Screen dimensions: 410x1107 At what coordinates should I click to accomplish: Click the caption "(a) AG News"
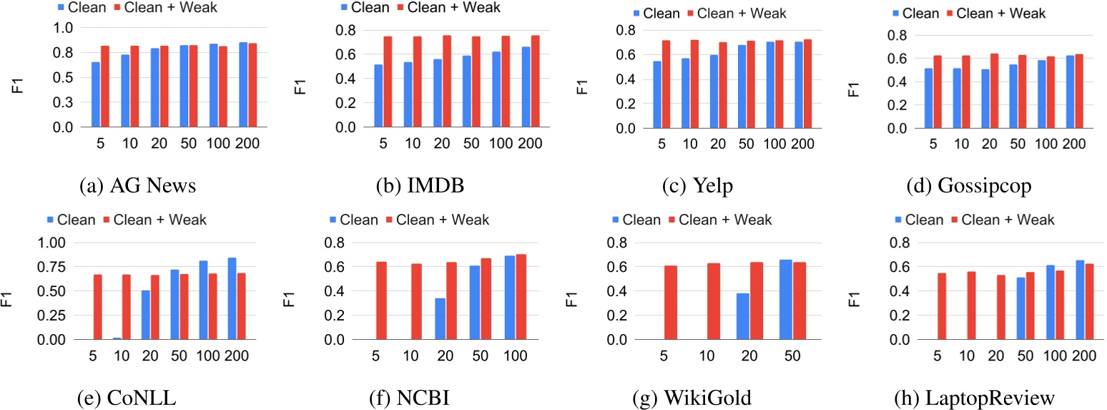coord(139,187)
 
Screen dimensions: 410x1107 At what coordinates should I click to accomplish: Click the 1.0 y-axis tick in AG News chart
coord(64,28)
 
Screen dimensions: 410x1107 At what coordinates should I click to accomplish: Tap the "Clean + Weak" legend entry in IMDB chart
coord(458,8)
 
